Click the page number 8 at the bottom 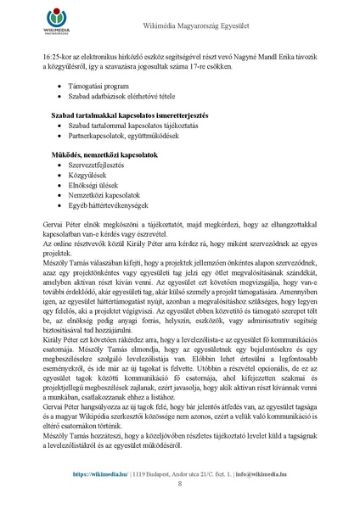[180, 484]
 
